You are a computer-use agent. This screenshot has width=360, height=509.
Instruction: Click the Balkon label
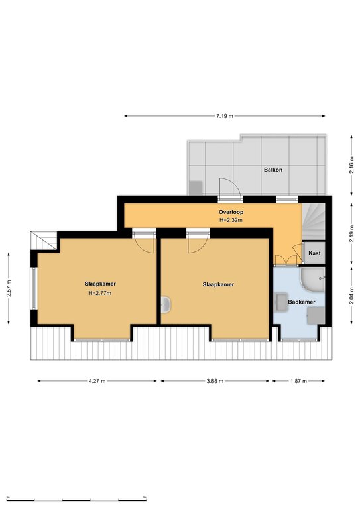(273, 170)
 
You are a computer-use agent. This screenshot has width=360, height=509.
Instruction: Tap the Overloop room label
(231, 212)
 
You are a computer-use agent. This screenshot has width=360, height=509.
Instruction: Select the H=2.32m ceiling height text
(231, 220)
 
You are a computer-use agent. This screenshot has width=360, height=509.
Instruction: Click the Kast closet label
(314, 253)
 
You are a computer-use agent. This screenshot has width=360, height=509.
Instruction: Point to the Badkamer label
(302, 302)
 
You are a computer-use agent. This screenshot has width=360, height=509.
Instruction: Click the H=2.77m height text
(100, 293)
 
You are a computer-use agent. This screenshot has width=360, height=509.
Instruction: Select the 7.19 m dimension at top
(225, 116)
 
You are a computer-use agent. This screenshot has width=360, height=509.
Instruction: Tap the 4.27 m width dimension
(97, 381)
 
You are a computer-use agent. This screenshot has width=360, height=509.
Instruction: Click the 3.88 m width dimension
(215, 381)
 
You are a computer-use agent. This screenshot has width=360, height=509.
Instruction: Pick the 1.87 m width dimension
(298, 381)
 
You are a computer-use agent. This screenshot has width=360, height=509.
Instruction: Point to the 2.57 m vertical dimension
(9, 288)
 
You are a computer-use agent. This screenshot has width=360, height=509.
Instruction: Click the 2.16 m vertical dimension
(351, 165)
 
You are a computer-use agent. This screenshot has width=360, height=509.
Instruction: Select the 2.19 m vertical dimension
(351, 233)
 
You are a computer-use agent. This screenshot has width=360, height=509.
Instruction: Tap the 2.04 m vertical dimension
(351, 296)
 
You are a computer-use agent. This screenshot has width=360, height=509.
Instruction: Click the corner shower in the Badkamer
(312, 279)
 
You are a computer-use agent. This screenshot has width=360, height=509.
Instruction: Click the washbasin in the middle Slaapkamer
(166, 305)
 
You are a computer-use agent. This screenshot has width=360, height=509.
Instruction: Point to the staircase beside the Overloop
(313, 222)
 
